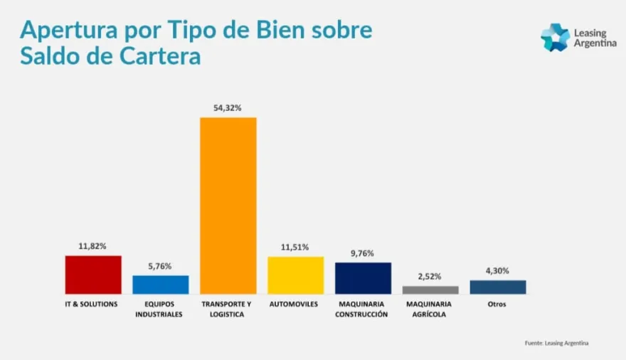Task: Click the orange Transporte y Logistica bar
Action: pyautogui.click(x=228, y=205)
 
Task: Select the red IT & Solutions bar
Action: pyautogui.click(x=93, y=275)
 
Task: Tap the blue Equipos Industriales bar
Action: pyautogui.click(x=161, y=285)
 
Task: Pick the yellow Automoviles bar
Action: pyautogui.click(x=295, y=275)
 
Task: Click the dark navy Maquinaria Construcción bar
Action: pyautogui.click(x=363, y=278)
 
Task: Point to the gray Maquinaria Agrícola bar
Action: pyautogui.click(x=430, y=290)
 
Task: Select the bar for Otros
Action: pyautogui.click(x=498, y=287)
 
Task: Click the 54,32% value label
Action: pyautogui.click(x=228, y=108)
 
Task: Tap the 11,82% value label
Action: pyautogui.click(x=93, y=246)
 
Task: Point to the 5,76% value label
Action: pyautogui.click(x=161, y=266)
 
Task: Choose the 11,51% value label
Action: pyautogui.click(x=295, y=247)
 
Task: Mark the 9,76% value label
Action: pyautogui.click(x=363, y=253)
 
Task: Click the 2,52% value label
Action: pyautogui.click(x=430, y=277)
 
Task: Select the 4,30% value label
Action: pyautogui.click(x=498, y=270)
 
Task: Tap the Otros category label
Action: pyautogui.click(x=498, y=305)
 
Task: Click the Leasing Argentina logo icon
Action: pyautogui.click(x=555, y=37)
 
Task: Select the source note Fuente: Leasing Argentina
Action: pyautogui.click(x=557, y=343)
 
